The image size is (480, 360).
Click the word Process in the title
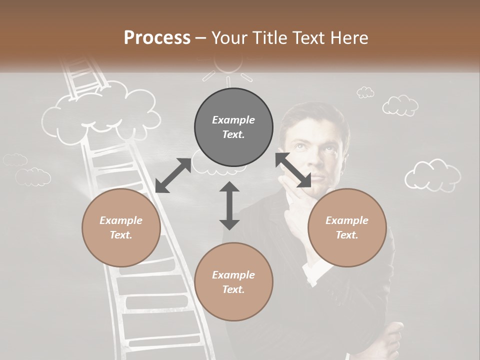pyautogui.click(x=157, y=37)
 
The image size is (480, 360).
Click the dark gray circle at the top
pyautogui.click(x=233, y=127)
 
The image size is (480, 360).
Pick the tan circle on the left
pyautogui.click(x=121, y=227)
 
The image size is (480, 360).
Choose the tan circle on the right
pyautogui.click(x=346, y=227)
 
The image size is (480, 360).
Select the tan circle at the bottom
pyautogui.click(x=233, y=281)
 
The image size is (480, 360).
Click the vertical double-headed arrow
pyautogui.click(x=229, y=205)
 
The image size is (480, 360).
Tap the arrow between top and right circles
pyautogui.click(x=293, y=170)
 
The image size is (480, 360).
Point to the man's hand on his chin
pyautogui.click(x=295, y=200)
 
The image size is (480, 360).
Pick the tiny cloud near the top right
pyautogui.click(x=365, y=92)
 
